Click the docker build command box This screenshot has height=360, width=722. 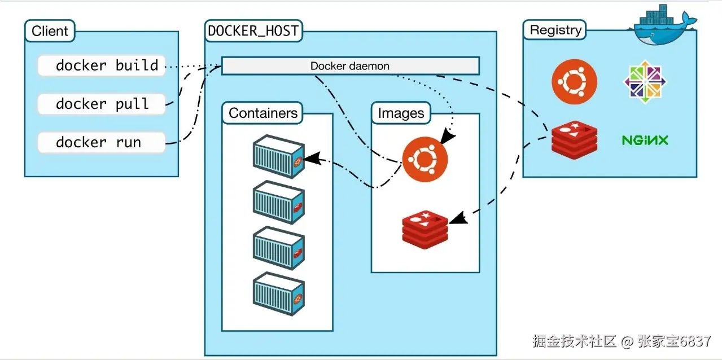102,66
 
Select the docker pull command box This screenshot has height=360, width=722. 102,104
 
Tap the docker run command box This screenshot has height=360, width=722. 102,142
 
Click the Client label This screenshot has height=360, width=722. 50,31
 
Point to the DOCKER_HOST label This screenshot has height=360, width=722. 253,31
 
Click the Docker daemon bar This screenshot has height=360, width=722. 350,66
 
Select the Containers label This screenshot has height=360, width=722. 263,113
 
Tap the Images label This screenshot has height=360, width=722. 401,113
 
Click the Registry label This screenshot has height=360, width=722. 555,30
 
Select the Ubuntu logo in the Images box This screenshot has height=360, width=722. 425,160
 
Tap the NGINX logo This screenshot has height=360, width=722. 645,140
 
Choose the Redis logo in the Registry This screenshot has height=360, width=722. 574,139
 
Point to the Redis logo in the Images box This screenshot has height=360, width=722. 425,228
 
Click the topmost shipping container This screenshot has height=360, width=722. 278,156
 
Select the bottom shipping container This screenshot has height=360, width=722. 278,294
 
